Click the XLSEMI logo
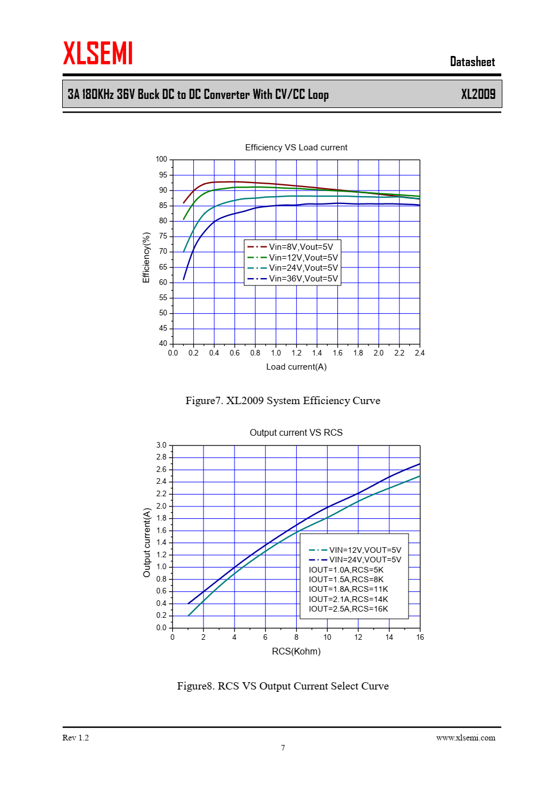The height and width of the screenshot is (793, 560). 98,53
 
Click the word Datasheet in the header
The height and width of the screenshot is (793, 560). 472,62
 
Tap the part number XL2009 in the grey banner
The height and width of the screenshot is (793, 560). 477,94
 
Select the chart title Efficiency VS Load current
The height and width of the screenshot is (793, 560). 296,148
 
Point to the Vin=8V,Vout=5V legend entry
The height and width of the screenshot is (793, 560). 300,247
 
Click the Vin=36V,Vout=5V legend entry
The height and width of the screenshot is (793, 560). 303,279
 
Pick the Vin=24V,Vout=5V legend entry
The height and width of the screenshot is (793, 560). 303,268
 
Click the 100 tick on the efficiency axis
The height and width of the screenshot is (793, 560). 162,159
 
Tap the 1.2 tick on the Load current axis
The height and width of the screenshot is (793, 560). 296,353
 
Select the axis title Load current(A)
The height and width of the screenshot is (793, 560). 296,367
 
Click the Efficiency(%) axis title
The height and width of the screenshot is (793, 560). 146,257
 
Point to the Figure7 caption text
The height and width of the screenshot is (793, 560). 283,401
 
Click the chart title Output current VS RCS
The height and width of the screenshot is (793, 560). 296,433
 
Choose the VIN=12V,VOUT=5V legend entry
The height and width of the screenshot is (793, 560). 364,550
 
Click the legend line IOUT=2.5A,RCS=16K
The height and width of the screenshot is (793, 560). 348,609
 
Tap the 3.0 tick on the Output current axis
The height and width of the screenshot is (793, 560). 162,445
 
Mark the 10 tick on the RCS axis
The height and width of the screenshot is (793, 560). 327,638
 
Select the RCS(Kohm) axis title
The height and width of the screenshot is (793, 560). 296,652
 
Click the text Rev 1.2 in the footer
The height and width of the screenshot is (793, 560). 76,738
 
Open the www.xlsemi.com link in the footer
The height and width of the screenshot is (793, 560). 466,738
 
